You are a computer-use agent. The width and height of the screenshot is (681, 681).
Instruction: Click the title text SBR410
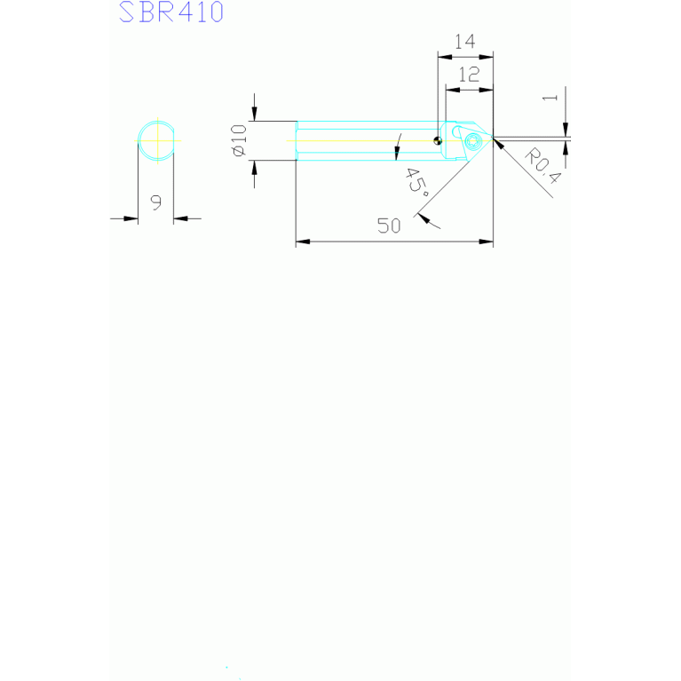click(x=170, y=12)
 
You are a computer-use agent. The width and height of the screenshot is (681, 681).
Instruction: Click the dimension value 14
click(x=464, y=42)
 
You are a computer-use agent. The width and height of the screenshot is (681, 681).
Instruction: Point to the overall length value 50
click(x=389, y=226)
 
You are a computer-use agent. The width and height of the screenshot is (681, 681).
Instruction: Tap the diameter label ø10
click(x=238, y=141)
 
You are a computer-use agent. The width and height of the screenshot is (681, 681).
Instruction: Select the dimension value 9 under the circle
click(x=155, y=202)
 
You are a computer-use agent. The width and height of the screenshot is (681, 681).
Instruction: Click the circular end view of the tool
click(x=156, y=140)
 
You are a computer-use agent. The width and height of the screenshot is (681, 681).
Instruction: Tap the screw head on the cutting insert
click(x=472, y=139)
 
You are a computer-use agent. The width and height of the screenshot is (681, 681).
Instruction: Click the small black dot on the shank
click(x=437, y=140)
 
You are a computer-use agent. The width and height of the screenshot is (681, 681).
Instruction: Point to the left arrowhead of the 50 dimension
click(x=302, y=241)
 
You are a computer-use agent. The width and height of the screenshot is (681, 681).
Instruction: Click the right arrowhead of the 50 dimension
click(x=486, y=241)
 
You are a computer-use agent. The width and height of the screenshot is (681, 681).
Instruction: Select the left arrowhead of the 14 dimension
click(x=443, y=57)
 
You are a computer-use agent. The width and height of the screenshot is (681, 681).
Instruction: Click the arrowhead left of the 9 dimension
click(x=132, y=218)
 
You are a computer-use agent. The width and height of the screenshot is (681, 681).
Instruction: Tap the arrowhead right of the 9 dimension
click(x=178, y=218)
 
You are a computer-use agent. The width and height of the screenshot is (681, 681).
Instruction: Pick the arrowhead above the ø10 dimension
click(x=255, y=114)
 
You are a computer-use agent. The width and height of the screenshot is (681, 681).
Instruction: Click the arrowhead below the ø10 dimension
click(x=255, y=166)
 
